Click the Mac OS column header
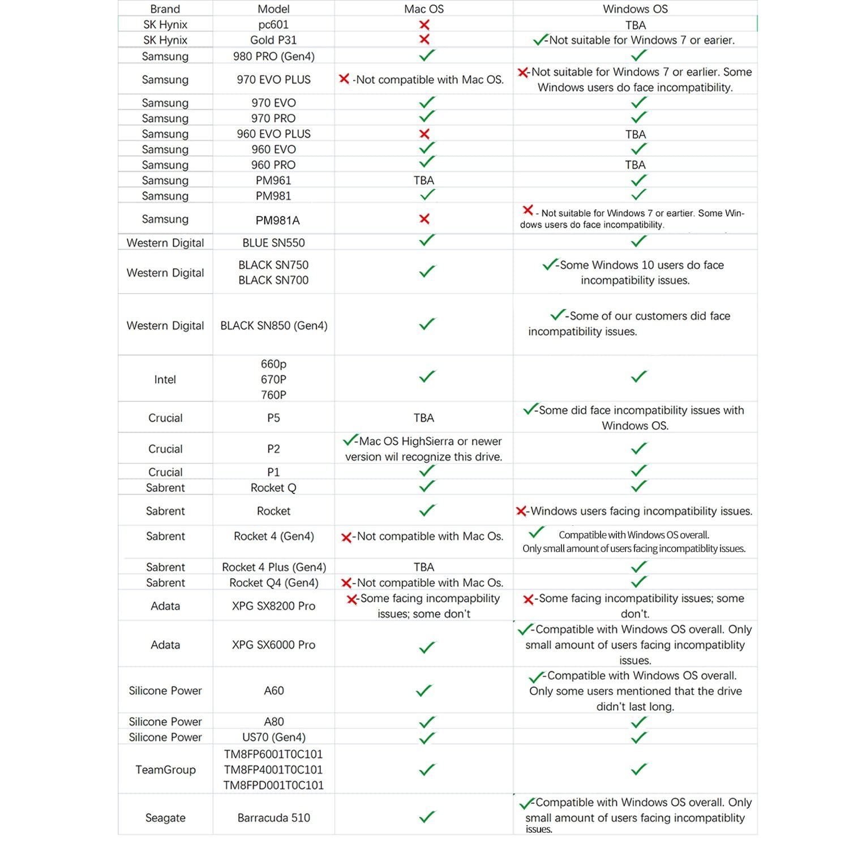(x=423, y=9)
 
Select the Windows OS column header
(x=635, y=9)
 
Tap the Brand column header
(x=165, y=9)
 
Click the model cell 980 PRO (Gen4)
(x=273, y=56)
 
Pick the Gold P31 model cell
(x=273, y=40)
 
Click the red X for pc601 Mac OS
(x=424, y=25)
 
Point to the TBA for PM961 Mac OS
(x=423, y=181)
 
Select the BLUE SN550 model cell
(x=273, y=243)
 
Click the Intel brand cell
(x=165, y=380)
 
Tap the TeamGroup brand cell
(x=165, y=770)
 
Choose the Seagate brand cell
(x=165, y=818)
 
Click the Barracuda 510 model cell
(x=273, y=818)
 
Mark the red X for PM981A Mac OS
(x=424, y=219)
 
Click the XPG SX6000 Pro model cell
(x=273, y=645)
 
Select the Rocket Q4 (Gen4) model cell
(x=273, y=583)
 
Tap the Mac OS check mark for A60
(x=424, y=691)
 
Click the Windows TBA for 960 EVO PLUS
(x=635, y=134)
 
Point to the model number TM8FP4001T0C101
(x=273, y=770)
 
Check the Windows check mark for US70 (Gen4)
(x=638, y=737)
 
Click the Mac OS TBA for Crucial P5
(x=423, y=418)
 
